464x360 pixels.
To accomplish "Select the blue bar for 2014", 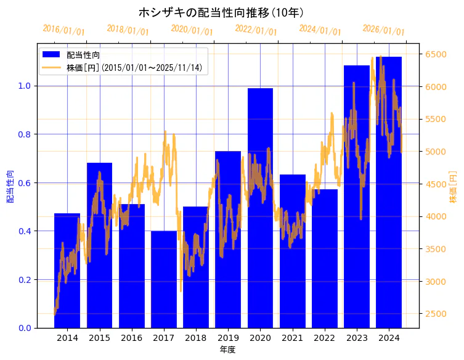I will coord(67,271).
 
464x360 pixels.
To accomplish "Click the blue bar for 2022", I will coord(324,259).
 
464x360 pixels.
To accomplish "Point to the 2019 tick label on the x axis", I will coord(228,338).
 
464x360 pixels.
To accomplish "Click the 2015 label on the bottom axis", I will coord(99,338).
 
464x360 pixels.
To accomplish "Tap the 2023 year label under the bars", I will coord(357,338).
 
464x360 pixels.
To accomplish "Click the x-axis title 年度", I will coord(227,350).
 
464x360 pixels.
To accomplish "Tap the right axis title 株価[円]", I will coord(453,188).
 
